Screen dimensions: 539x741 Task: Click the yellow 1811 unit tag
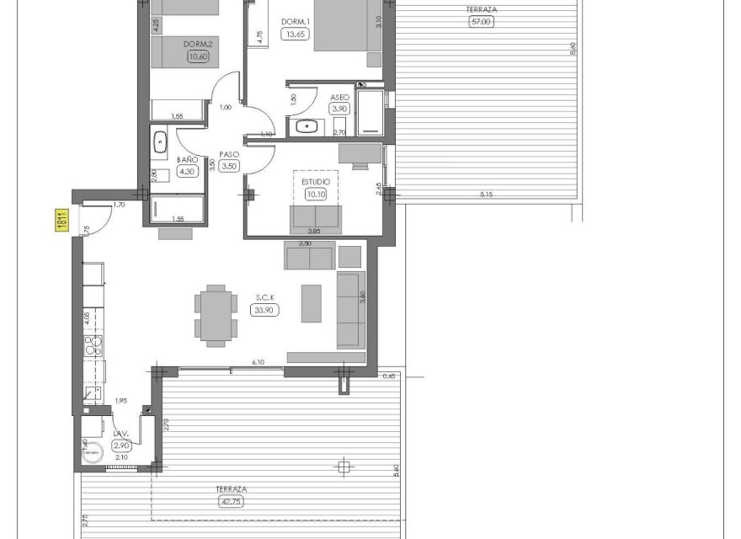pos(61,221)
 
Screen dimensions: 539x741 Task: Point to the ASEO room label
pos(339,97)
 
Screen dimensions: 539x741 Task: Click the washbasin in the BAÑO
pos(160,141)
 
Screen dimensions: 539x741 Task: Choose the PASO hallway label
pos(229,154)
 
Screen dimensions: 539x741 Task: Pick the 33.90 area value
pos(265,309)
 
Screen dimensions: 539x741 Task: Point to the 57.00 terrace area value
pos(480,22)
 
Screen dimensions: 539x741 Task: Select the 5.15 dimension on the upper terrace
pos(486,195)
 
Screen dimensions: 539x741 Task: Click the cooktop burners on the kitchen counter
pos(92,344)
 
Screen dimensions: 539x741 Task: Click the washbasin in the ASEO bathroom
pos(307,127)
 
